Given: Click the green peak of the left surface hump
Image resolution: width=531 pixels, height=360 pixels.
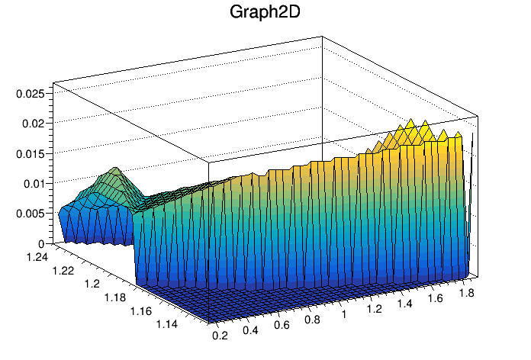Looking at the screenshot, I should click(x=115, y=169).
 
